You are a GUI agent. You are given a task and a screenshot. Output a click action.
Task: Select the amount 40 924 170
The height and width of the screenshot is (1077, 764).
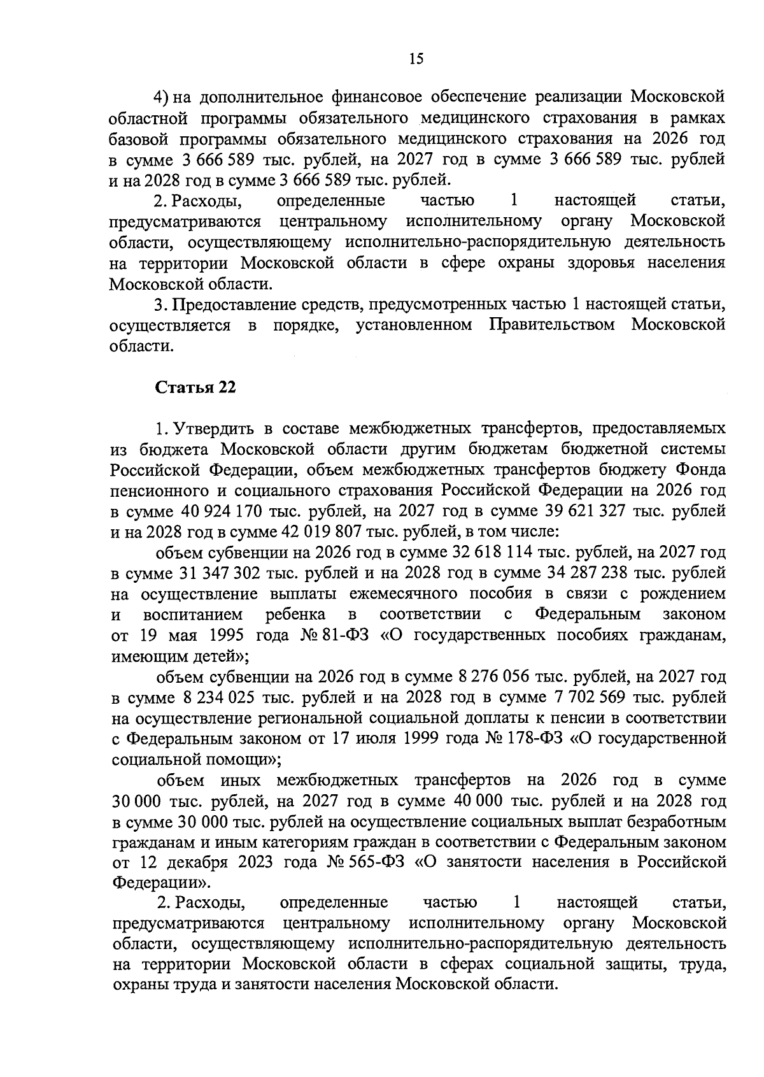[x=217, y=511]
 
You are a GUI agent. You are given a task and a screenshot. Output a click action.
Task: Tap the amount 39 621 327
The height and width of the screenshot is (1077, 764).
[x=590, y=511]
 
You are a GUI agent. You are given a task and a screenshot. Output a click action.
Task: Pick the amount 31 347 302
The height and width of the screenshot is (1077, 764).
[x=216, y=573]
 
